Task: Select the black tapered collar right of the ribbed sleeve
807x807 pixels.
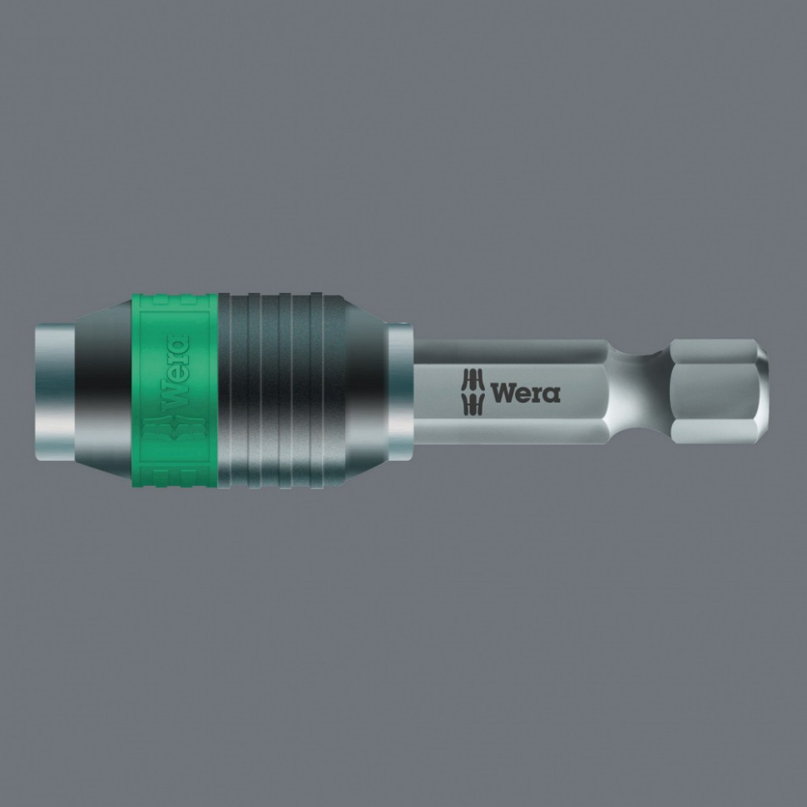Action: [x=366, y=389]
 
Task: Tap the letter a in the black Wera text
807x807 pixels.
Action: [x=552, y=394]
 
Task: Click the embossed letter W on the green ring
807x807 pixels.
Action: [x=176, y=391]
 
